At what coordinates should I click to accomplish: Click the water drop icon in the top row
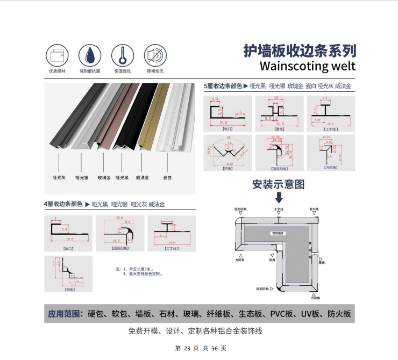[90, 55]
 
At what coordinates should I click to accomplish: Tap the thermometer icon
[123, 55]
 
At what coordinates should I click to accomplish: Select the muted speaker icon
[155, 55]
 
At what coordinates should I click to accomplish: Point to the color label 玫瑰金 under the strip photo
[104, 177]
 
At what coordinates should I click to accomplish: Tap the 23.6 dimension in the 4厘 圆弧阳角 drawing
[119, 217]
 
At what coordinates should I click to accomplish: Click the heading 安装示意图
[279, 184]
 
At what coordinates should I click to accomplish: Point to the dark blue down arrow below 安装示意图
[279, 197]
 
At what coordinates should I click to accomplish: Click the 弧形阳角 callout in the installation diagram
[240, 208]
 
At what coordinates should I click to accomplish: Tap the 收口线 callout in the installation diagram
[314, 208]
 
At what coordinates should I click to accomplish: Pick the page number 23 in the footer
[187, 348]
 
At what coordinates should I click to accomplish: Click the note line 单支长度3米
[140, 269]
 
